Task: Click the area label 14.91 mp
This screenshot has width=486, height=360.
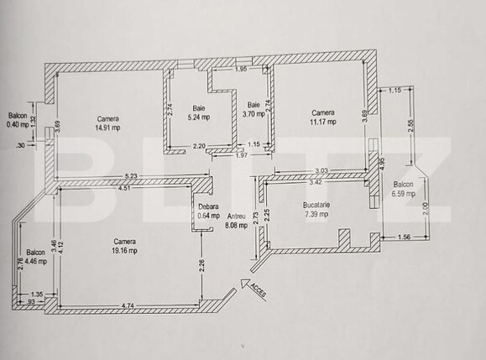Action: (x=107, y=128)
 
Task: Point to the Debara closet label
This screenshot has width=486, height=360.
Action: (x=208, y=206)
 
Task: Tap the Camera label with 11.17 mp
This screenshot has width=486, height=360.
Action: (x=323, y=122)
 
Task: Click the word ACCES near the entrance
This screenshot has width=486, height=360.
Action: (x=257, y=291)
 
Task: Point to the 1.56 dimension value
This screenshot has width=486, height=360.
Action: (x=405, y=237)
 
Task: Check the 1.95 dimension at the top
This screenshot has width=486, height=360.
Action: (x=240, y=69)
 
